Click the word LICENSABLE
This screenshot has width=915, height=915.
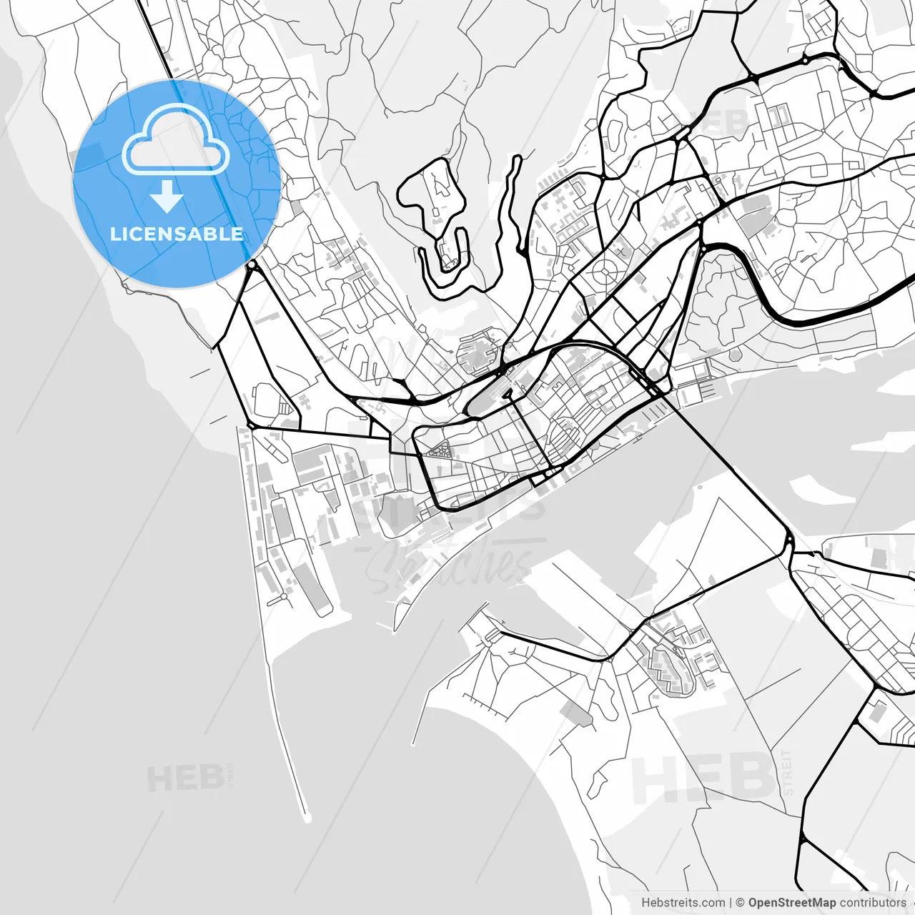(x=176, y=234)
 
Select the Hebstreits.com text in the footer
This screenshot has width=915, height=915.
(x=683, y=903)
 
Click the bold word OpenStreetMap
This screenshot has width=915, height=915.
(x=791, y=903)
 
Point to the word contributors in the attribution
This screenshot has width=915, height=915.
(x=873, y=903)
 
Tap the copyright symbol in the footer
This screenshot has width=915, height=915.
(x=741, y=903)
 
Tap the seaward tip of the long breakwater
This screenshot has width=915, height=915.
(x=307, y=818)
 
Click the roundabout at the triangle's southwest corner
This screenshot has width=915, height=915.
(x=250, y=426)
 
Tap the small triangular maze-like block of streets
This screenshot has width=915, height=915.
(x=439, y=450)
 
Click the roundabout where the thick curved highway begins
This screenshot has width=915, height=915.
(x=703, y=248)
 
